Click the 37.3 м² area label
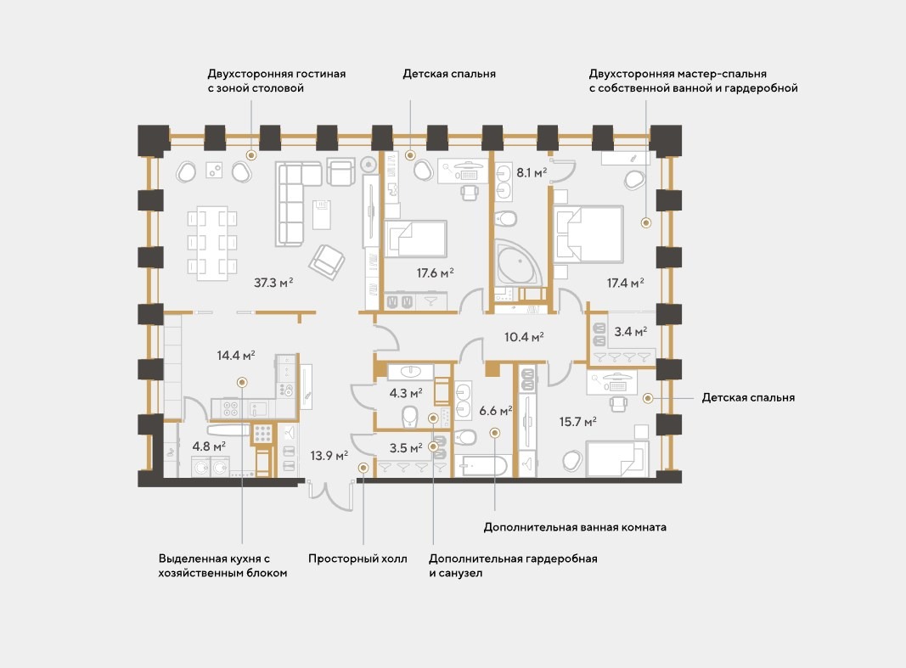273,283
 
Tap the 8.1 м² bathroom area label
532,172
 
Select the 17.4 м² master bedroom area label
625,283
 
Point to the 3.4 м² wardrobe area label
630,331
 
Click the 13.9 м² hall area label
329,456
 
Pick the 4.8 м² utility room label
209,446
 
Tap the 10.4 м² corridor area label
524,337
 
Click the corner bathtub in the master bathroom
516,262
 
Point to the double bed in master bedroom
588,233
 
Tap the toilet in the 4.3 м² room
409,416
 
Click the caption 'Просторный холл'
357,559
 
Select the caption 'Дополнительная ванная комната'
575,527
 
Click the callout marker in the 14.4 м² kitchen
242,382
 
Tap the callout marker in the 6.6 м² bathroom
494,432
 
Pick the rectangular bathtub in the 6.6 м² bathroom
482,465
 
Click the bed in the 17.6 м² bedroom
415,239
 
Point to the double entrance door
330,495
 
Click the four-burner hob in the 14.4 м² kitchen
231,409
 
